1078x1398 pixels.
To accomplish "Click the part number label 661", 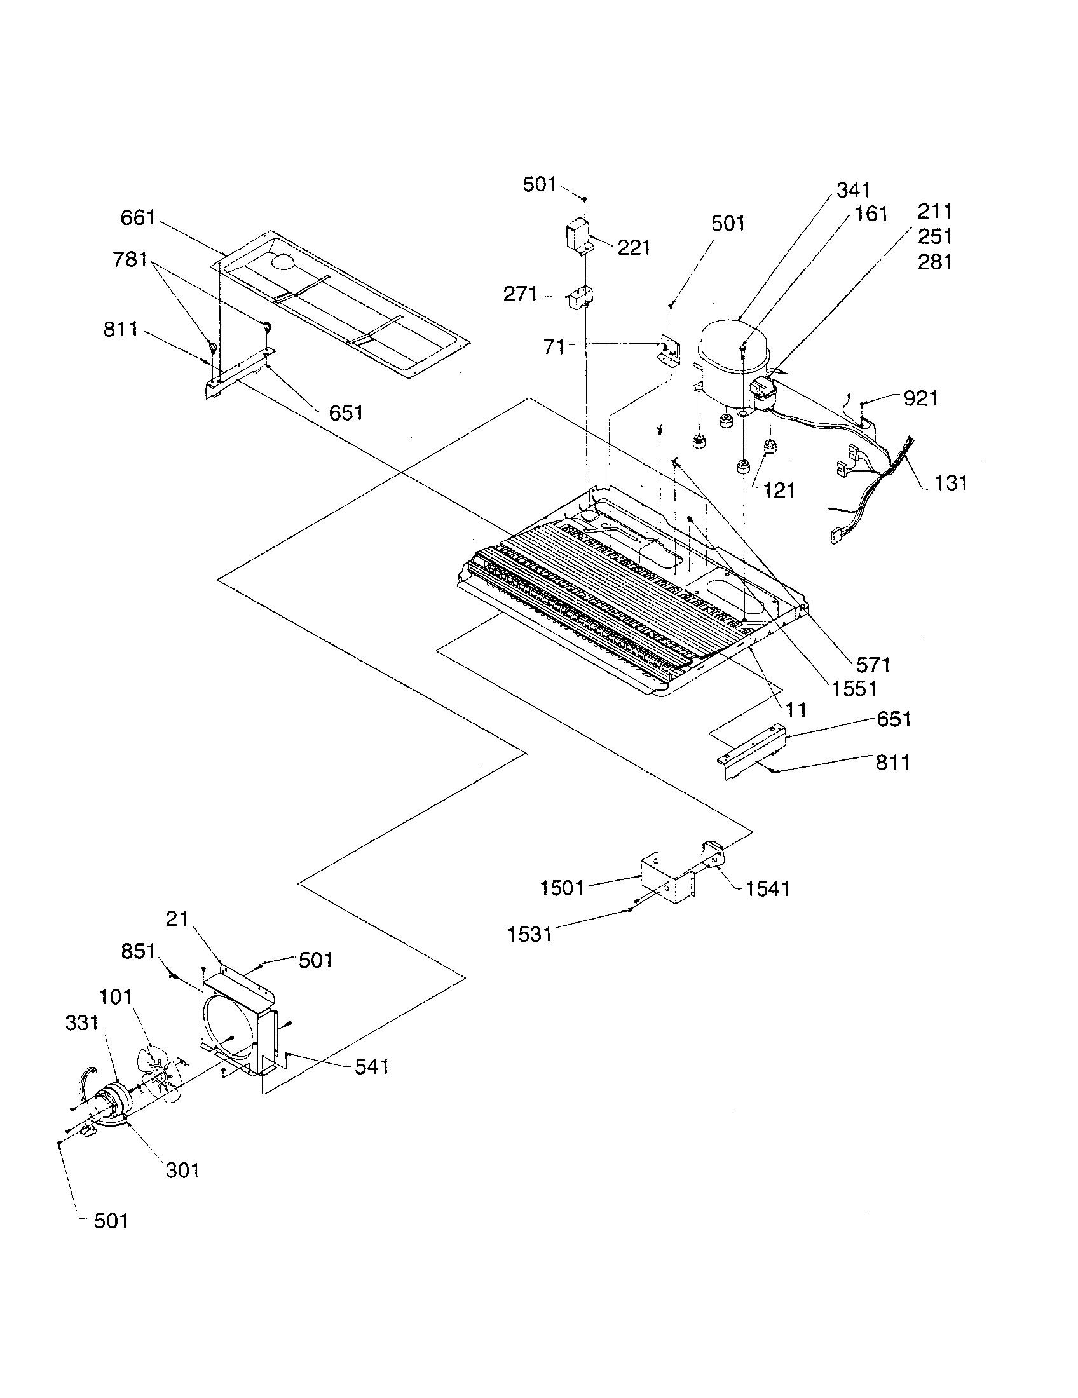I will (138, 217).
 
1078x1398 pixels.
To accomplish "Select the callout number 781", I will (130, 259).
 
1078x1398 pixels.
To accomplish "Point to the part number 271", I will (521, 294).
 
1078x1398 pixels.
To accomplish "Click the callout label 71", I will (554, 347).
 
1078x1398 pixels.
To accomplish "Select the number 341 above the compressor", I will (853, 190).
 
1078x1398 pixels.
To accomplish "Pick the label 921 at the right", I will (920, 398).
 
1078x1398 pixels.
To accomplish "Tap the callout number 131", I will (951, 483).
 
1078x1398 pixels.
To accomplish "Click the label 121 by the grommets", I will (779, 491).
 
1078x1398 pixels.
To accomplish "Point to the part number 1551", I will (854, 688).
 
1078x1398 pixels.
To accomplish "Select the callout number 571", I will (873, 665).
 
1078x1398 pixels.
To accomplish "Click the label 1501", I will (562, 888).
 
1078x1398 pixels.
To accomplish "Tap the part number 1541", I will (767, 888).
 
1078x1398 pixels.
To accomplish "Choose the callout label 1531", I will (529, 935).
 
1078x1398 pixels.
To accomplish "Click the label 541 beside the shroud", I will (371, 1066).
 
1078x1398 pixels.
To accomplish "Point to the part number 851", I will (139, 969).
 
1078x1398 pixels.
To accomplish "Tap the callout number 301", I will (182, 1171).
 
